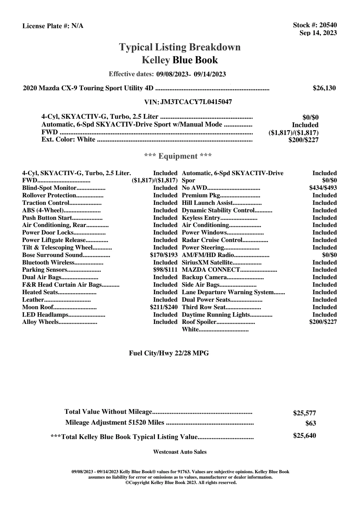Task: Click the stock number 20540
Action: pos(328,25)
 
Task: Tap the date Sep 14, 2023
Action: pos(318,33)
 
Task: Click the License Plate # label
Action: pos(46,26)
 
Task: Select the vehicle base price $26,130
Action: pos(324,88)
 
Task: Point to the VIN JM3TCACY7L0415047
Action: pos(196,102)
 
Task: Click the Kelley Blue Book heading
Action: pos(180,60)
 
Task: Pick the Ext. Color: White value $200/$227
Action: pos(303,139)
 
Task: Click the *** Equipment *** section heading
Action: pos(178,156)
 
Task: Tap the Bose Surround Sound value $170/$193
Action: pos(164,255)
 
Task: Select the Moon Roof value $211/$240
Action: pos(164,307)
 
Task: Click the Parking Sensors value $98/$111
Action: pos(165,270)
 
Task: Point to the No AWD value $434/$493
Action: pos(323,188)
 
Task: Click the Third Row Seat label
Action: pos(204,307)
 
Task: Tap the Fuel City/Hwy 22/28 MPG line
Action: pos(169,353)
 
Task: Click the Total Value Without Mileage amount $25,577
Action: pos(304,413)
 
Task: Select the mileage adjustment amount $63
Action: pos(311,423)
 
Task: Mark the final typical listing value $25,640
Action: pos(304,436)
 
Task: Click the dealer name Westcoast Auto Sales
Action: pos(180,452)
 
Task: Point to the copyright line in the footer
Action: pos(181,483)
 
